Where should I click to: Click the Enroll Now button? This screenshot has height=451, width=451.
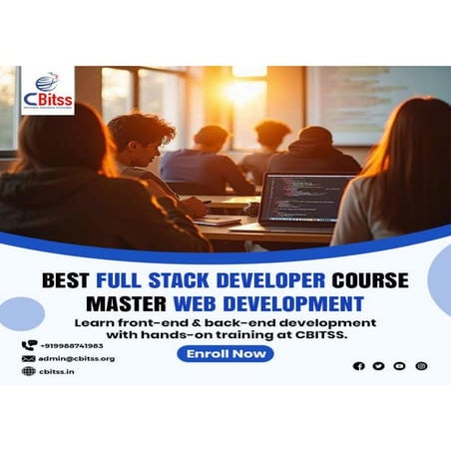coord(225,354)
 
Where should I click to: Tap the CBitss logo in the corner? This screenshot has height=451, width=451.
coord(47,90)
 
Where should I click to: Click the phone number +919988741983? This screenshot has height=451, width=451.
coord(69,345)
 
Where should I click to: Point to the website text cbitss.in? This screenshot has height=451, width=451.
coord(57,371)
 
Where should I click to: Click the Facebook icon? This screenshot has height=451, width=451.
coord(359,366)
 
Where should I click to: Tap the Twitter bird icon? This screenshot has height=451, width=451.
coord(379,366)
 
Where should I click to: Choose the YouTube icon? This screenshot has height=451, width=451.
coord(400,366)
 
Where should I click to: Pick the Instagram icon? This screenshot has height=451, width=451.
coord(421,366)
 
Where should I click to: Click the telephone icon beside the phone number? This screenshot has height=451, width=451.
coord(28,345)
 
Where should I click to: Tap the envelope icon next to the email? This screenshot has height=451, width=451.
coord(28,358)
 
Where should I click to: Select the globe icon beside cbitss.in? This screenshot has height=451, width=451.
coord(28,371)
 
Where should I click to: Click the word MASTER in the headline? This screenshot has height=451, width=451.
coord(125,302)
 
